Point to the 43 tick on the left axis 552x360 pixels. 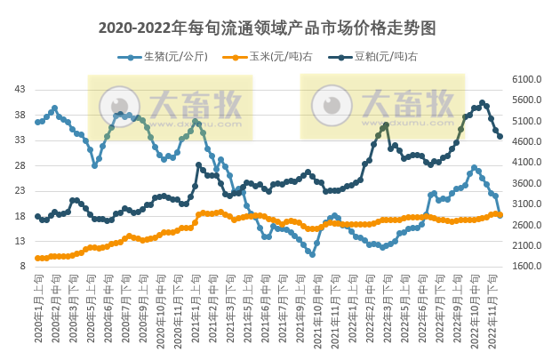pyautogui.click(x=20, y=90)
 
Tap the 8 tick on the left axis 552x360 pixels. pyautogui.click(x=22, y=266)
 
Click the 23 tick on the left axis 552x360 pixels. pyautogui.click(x=20, y=190)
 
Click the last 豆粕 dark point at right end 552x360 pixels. pyautogui.click(x=500, y=136)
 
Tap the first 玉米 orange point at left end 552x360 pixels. pyautogui.click(x=37, y=258)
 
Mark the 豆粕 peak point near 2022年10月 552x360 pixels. pyautogui.click(x=483, y=102)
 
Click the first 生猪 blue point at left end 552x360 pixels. pyautogui.click(x=37, y=122)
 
